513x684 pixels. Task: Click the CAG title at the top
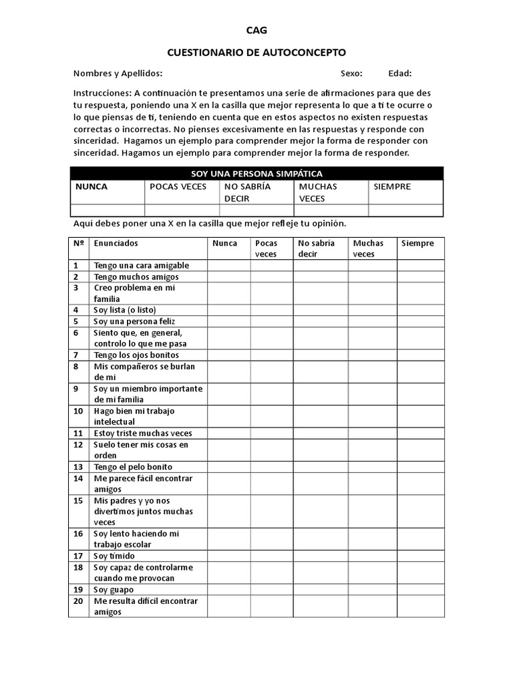click(x=256, y=30)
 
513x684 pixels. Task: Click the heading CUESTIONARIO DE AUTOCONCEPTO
click(x=256, y=52)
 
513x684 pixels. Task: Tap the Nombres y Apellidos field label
click(x=118, y=73)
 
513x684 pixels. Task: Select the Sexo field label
click(x=351, y=73)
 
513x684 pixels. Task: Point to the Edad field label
click(x=399, y=73)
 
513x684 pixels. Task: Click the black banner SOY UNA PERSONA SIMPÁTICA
click(x=256, y=174)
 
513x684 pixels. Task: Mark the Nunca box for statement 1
click(x=229, y=265)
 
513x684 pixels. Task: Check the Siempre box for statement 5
click(x=420, y=321)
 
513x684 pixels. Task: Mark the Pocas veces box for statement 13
click(x=272, y=467)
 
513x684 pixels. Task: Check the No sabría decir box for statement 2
click(x=321, y=277)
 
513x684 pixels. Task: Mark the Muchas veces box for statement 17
click(x=373, y=556)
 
